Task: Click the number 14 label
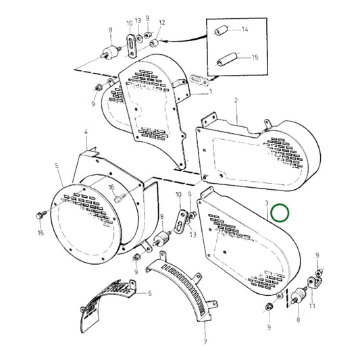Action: [x=245, y=30]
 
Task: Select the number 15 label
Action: [x=254, y=58]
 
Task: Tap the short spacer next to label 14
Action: [x=220, y=32]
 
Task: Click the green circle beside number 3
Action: [x=280, y=214]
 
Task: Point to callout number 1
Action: [x=210, y=91]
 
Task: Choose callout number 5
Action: [x=57, y=165]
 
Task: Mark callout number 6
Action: [x=149, y=293]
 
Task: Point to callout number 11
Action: [x=312, y=306]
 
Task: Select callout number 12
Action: [x=161, y=22]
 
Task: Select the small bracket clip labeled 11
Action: [x=314, y=279]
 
